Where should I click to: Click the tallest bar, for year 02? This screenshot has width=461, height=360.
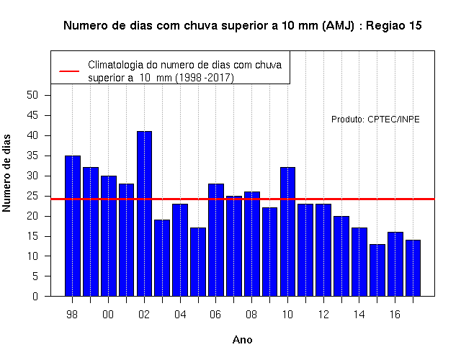coord(144,214)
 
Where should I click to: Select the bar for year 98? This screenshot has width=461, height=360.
coord(73,225)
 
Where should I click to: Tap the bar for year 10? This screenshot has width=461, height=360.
coord(287,232)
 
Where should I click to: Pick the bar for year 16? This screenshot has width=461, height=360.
coord(395,264)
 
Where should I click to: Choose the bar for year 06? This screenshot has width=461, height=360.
coord(216,240)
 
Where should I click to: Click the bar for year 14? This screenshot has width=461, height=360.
coord(359,262)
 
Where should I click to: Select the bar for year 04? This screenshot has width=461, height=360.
coord(180,250)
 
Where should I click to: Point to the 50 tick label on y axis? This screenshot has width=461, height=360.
coord(32,95)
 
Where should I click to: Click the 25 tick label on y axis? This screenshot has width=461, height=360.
coord(32,196)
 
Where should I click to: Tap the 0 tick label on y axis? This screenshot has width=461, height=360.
coord(35,296)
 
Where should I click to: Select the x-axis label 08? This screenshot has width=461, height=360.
coord(251,315)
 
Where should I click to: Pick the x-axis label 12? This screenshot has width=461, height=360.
coord(323,315)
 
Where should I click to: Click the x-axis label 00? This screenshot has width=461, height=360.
coord(108,315)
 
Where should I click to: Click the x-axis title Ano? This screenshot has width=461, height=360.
coord(242,340)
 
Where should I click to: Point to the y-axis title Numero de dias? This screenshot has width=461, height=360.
coord(6,173)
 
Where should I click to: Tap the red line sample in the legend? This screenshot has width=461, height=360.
coord(69,71)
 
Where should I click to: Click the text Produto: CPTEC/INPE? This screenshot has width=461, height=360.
coord(375,120)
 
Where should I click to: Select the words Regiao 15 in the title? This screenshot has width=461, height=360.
coord(394,26)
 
